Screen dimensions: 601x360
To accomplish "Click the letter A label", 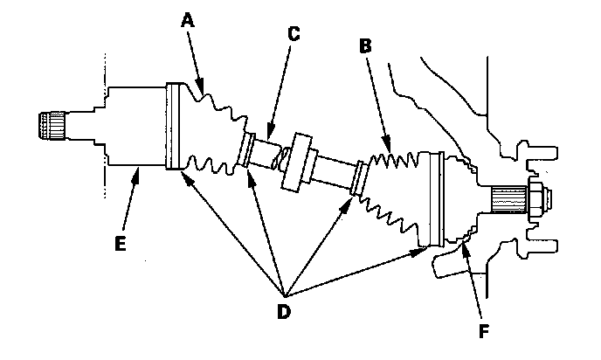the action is pos(188,19).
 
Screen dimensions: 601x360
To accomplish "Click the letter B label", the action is pos(365,45).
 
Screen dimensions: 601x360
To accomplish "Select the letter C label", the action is pos(294,34).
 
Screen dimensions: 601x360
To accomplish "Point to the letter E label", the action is pos(121,244).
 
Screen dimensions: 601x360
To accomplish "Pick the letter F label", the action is pos(484,331).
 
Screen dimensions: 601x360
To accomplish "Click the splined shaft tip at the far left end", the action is pos(52,125).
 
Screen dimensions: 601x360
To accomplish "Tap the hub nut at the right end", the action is pos(540,198).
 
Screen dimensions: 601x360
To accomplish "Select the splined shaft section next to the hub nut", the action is pos(509,198).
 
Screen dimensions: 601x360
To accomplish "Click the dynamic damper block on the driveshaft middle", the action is pos(298,162).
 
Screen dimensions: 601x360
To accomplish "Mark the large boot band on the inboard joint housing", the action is pos(172,126).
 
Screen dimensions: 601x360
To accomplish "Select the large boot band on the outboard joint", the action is pos(437,198).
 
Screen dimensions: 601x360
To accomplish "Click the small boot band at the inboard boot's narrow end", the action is pos(245,150).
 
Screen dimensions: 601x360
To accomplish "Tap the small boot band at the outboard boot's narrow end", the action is pos(359,178).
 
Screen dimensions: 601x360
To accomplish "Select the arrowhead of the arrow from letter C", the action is pos(270,133).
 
